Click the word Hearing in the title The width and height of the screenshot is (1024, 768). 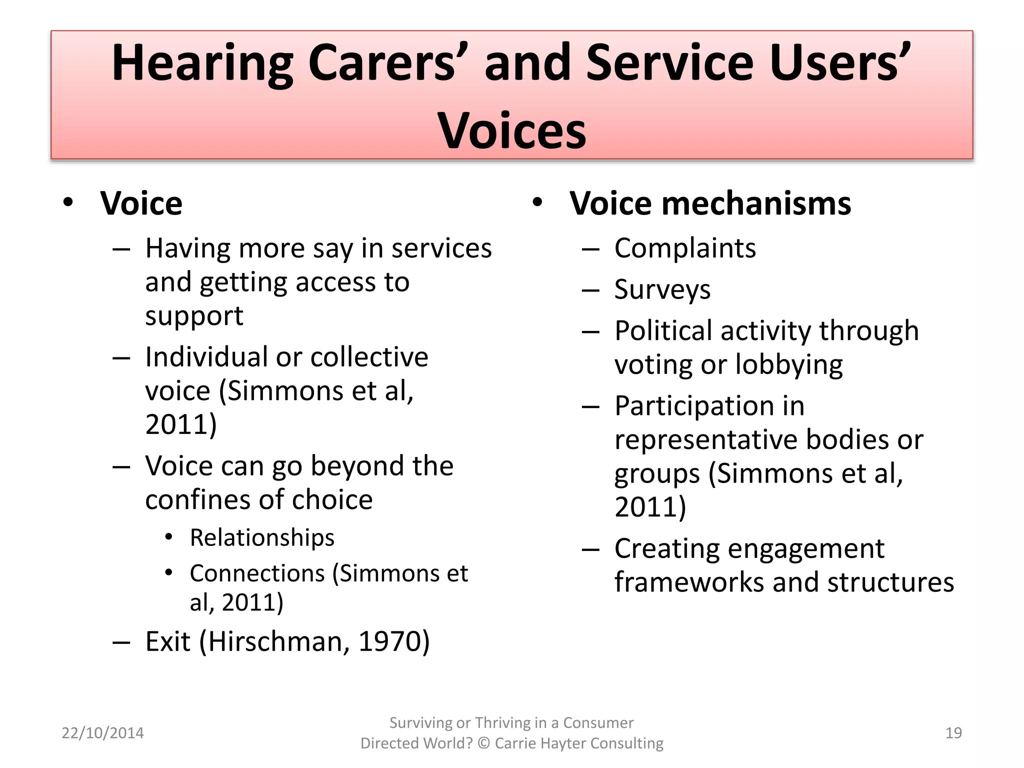tap(202, 64)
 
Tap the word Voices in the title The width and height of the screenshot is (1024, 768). tap(511, 131)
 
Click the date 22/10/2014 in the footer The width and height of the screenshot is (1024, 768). tap(102, 733)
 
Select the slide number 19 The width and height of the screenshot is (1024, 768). tap(953, 733)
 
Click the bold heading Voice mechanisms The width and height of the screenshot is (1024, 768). tap(710, 204)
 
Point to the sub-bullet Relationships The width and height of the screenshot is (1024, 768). tap(262, 538)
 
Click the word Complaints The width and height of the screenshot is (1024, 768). tap(685, 248)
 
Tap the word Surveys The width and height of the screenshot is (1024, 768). tap(662, 289)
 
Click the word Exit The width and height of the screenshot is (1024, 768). tap(168, 641)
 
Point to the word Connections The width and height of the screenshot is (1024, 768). tap(257, 573)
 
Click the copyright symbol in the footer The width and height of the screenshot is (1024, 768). tap(483, 743)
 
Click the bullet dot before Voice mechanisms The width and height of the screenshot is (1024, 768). tap(537, 203)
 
